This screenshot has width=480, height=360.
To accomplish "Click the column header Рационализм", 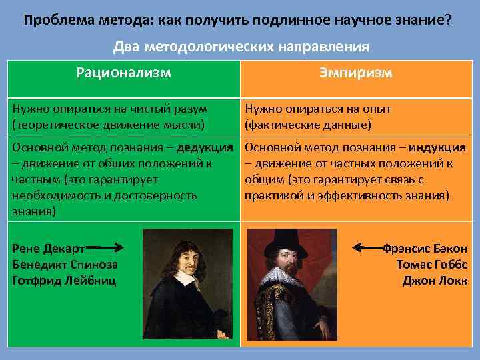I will [123, 72].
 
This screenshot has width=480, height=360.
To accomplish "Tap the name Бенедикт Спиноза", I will [65, 264].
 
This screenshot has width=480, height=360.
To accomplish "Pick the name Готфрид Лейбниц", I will [64, 280].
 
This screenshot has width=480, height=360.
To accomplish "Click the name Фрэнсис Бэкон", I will [425, 248].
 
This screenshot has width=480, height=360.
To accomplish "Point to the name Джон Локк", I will [435, 280].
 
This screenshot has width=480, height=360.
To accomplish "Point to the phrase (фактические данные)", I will [308, 124].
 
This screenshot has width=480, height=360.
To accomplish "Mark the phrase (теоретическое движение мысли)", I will [108, 124].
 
